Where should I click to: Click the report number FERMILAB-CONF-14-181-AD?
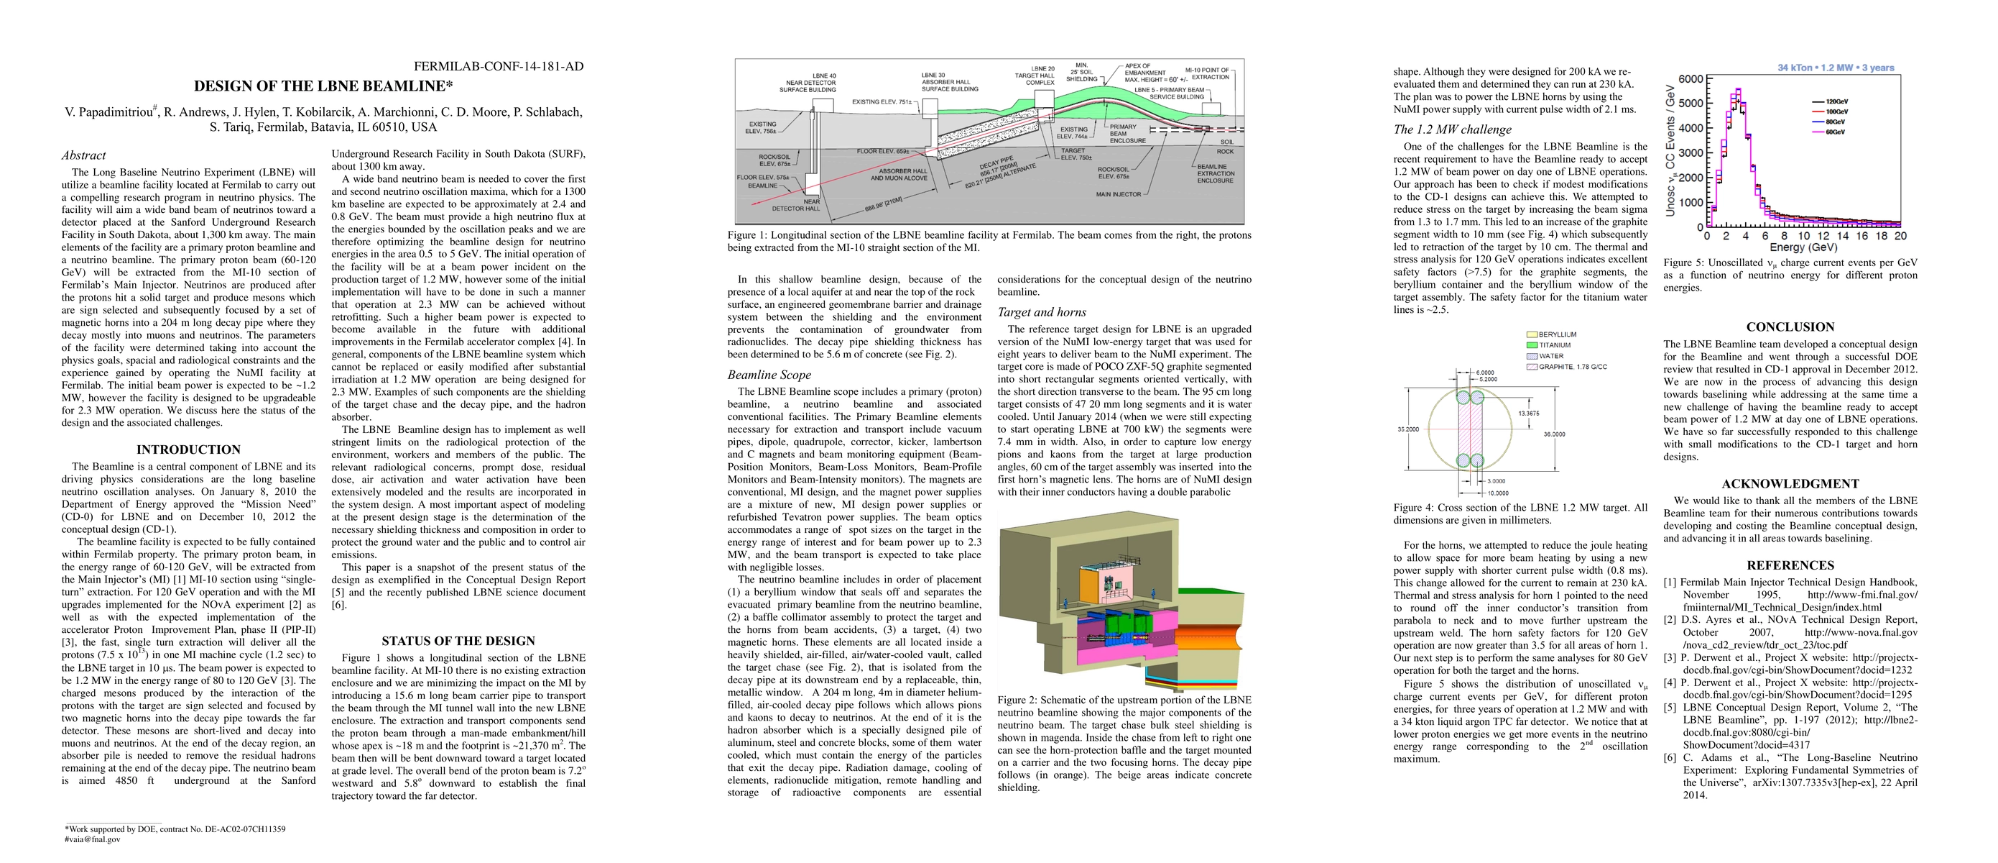pyautogui.click(x=498, y=66)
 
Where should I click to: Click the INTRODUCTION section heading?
pyautogui.click(x=188, y=449)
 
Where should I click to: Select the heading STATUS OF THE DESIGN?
pyautogui.click(x=458, y=641)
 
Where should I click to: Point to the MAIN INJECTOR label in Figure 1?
pyautogui.click(x=1118, y=194)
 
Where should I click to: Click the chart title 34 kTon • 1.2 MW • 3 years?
pyautogui.click(x=1835, y=68)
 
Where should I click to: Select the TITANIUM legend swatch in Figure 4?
pyautogui.click(x=1532, y=345)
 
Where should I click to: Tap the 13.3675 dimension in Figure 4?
pyautogui.click(x=1528, y=414)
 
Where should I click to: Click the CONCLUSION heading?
pyautogui.click(x=1790, y=327)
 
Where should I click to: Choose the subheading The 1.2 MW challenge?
pyautogui.click(x=1452, y=129)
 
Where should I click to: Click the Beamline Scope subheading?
pyautogui.click(x=769, y=375)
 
